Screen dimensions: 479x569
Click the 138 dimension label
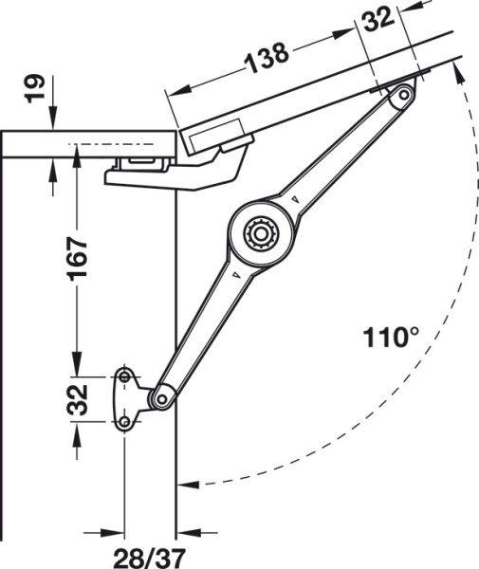click(267, 57)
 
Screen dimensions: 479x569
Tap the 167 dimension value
click(77, 258)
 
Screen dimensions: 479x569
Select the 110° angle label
click(391, 338)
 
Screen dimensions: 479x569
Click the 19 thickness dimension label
click(35, 88)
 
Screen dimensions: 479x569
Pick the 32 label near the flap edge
click(378, 19)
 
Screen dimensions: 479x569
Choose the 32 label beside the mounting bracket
click(77, 399)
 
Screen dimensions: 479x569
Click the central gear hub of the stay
click(261, 234)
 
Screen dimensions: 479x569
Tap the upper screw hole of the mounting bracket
click(125, 377)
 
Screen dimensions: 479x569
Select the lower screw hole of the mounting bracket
click(125, 422)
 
